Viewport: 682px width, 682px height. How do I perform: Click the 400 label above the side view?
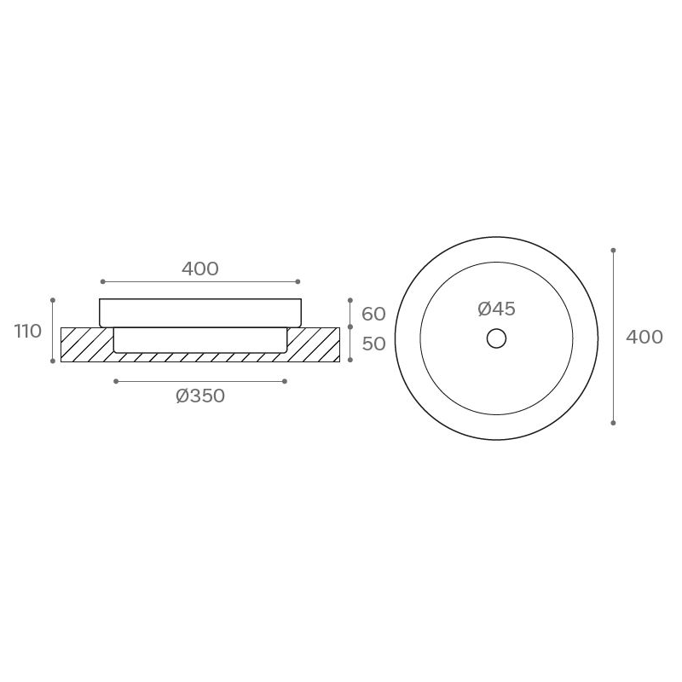[x=200, y=269]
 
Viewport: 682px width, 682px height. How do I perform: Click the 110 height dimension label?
[x=28, y=331]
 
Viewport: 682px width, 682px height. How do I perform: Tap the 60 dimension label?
[x=373, y=314]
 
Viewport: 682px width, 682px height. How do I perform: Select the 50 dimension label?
[x=373, y=344]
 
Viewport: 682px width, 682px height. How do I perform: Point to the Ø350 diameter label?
[x=200, y=396]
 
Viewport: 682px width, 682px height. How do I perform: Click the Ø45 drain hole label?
[x=496, y=309]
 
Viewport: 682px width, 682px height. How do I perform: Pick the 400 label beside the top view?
[x=644, y=337]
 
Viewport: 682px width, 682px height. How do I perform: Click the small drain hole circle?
[x=496, y=338]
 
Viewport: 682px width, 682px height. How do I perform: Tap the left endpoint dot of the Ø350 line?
[x=116, y=381]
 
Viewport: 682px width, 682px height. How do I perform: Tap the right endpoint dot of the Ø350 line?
[x=285, y=381]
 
